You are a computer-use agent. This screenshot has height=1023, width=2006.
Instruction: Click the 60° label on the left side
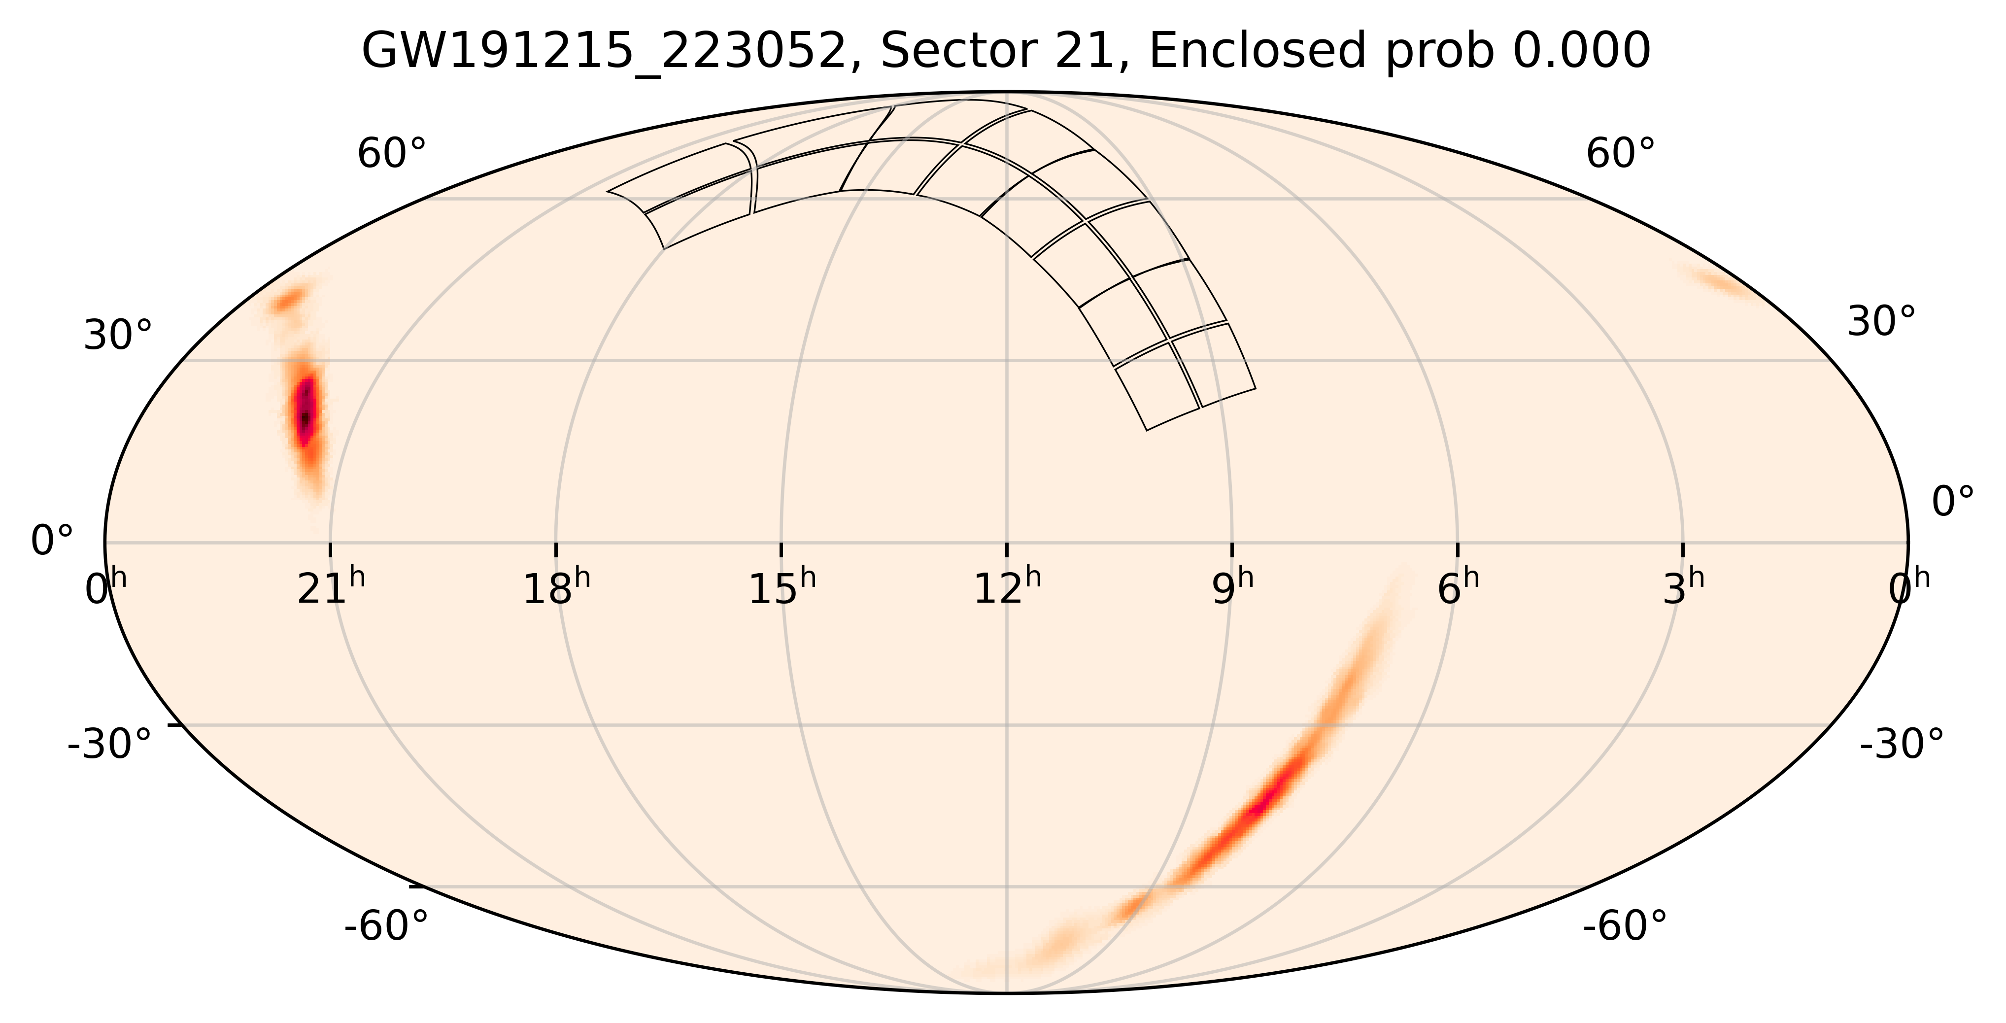(392, 154)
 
